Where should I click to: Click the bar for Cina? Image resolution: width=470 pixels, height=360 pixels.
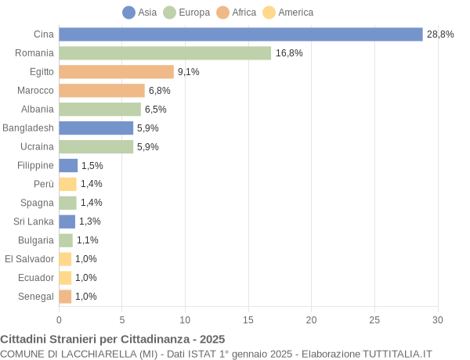pos(240,34)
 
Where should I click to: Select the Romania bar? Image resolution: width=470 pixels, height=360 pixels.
pos(164,53)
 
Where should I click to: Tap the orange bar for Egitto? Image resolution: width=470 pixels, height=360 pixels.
pos(116,72)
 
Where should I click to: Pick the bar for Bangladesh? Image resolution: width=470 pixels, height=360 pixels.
pos(96,128)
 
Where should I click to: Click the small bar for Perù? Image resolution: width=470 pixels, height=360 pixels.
pos(67,184)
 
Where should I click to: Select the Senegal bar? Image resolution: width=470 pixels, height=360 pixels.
pos(65,297)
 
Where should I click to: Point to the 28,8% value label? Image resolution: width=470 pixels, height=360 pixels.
pos(440,34)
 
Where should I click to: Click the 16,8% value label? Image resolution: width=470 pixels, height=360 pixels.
pos(289,53)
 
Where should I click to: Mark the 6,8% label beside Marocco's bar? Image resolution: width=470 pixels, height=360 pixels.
pos(160,91)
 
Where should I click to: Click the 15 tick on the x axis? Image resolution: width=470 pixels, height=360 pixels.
pos(248,319)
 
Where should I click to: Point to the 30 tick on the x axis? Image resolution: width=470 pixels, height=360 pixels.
pos(438,319)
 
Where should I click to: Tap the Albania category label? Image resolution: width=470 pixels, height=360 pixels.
pos(38,109)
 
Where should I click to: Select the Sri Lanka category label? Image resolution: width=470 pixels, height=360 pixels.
pos(35,221)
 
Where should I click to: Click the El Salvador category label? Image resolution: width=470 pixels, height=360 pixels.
pos(29,259)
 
